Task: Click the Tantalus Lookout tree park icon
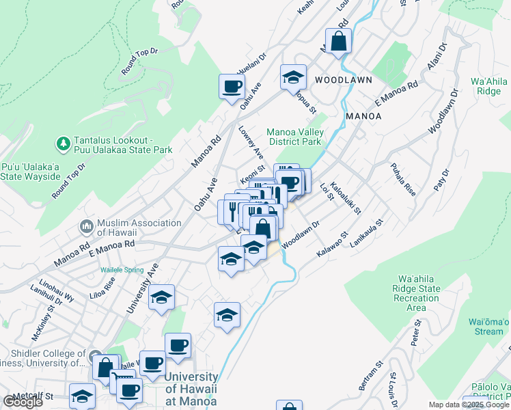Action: click(x=63, y=143)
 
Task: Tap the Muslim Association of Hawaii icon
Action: click(x=86, y=225)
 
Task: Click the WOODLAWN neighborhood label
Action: click(x=344, y=80)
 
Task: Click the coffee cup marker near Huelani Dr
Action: click(x=231, y=86)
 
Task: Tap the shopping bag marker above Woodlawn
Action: click(x=338, y=41)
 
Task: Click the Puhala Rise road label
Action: click(x=402, y=179)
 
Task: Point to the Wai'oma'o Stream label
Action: click(x=489, y=327)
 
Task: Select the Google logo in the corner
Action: click(x=23, y=401)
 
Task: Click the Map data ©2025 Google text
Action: click(x=469, y=405)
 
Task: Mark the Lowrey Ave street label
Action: click(x=251, y=141)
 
